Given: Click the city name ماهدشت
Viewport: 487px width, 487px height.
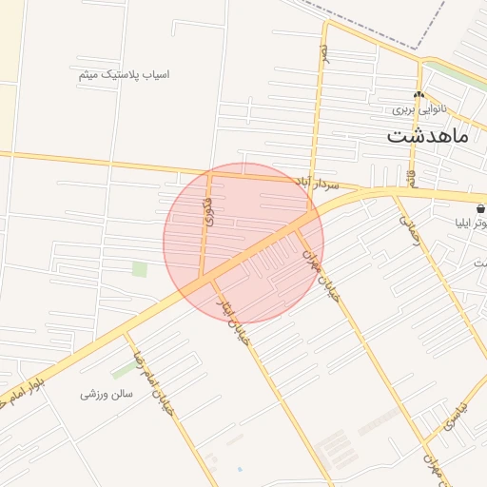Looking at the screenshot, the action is [427, 136].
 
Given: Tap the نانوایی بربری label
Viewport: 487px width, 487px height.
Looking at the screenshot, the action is [419, 109].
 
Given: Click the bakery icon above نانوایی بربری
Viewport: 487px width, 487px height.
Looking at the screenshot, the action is [419, 95].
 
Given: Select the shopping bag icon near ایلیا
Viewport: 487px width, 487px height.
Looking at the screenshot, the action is [479, 207].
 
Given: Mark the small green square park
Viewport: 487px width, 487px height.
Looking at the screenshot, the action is [140, 269].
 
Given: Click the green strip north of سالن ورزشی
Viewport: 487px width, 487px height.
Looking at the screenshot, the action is [124, 369].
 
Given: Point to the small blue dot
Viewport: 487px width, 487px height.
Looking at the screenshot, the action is [240, 469].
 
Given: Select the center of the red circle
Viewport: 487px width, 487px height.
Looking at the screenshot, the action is [243, 243].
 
